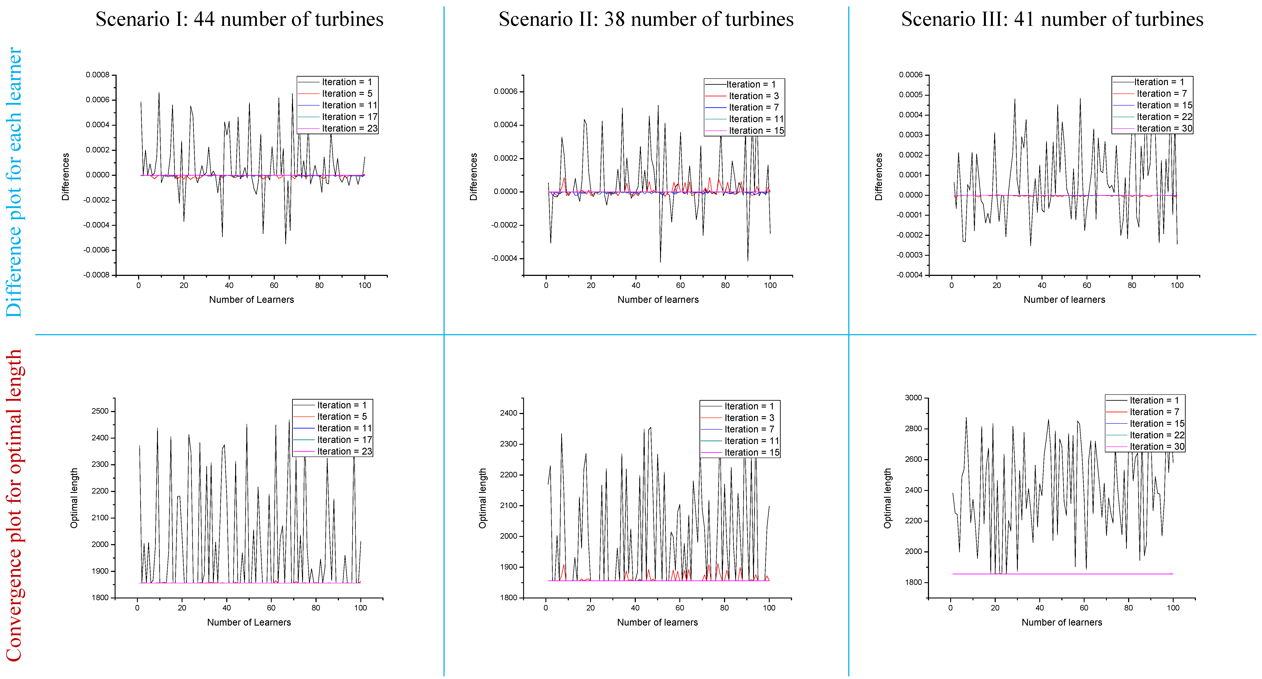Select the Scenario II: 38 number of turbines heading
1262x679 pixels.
point(646,20)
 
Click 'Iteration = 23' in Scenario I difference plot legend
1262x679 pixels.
point(349,129)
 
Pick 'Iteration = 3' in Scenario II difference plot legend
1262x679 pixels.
point(754,96)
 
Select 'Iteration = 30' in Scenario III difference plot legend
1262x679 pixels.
point(1164,129)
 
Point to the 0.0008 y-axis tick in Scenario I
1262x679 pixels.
point(98,75)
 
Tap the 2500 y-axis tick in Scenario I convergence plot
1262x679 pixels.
point(100,411)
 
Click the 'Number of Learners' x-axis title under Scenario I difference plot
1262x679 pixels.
point(251,300)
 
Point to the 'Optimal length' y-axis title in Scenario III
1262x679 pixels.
point(887,498)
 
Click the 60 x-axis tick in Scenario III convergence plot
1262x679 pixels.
point(1084,608)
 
